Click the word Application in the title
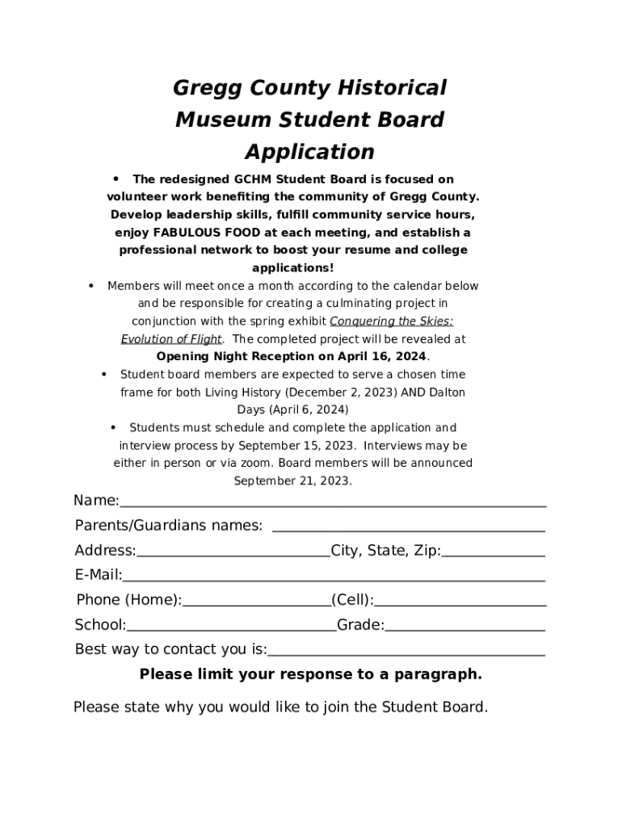309,152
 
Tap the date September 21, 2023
292,481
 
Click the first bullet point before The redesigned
116,178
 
